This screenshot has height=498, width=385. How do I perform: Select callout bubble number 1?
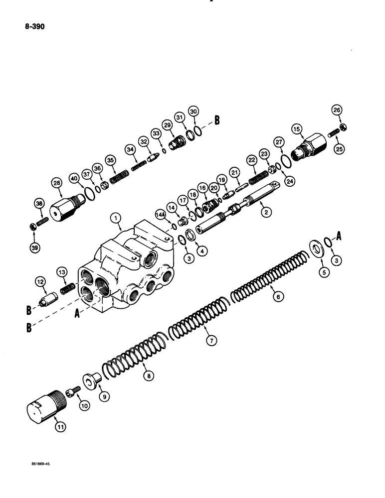(115, 218)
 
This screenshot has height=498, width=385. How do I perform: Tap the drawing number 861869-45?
(40, 463)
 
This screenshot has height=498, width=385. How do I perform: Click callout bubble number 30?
(193, 111)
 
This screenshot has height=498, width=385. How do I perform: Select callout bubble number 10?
(83, 405)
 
